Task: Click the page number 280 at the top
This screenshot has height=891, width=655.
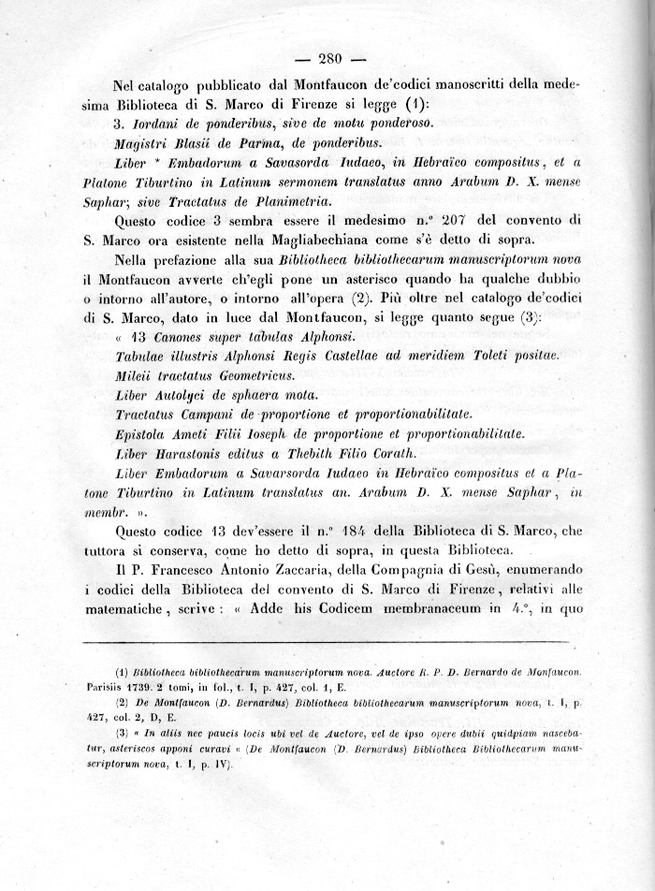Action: tap(332, 58)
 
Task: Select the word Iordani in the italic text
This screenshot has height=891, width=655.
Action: tap(158, 124)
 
